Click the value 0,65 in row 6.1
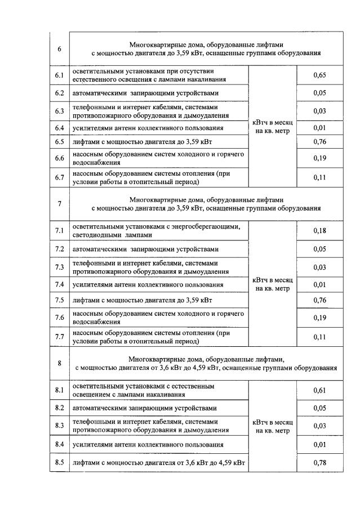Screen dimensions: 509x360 [319, 75]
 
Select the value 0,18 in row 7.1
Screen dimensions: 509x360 [319, 230]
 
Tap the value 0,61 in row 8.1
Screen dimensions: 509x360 [319, 390]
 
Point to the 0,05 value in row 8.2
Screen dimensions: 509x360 [319, 408]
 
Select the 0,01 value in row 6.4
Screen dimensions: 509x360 [319, 128]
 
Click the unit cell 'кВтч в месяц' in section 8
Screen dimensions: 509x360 [273, 426]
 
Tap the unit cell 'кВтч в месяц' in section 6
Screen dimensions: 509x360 [273, 127]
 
